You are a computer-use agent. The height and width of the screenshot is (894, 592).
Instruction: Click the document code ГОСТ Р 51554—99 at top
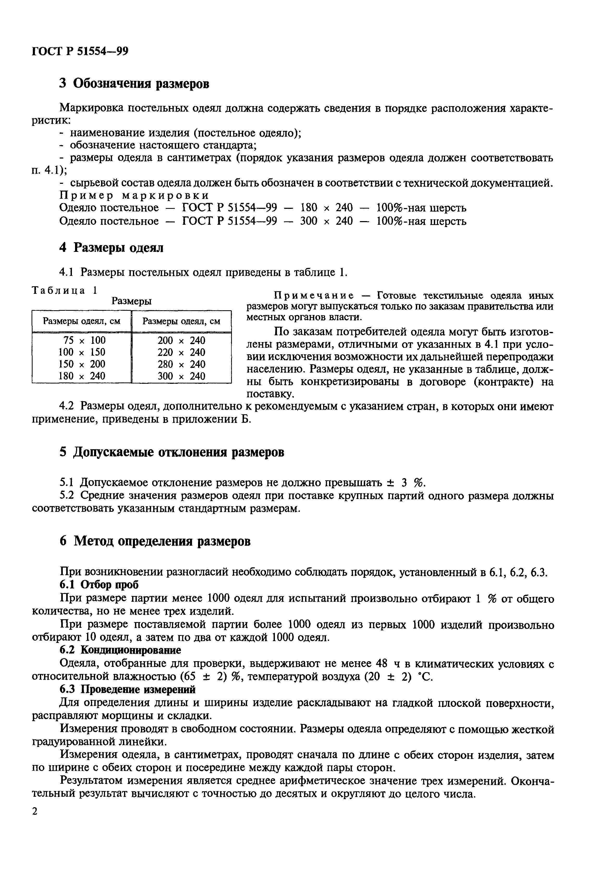80,51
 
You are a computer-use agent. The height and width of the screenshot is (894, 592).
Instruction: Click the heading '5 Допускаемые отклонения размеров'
172,452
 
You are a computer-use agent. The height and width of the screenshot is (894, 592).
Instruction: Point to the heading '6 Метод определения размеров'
155,541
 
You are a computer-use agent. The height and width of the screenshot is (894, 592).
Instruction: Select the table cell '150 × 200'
82,364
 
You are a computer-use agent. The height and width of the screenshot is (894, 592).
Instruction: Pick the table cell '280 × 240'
181,364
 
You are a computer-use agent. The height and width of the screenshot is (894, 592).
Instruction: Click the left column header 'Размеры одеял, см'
82,321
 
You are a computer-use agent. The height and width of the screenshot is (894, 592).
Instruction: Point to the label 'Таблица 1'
65,290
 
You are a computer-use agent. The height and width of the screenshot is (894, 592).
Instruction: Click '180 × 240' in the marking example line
326,208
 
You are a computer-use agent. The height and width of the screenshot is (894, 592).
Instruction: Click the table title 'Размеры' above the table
131,301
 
